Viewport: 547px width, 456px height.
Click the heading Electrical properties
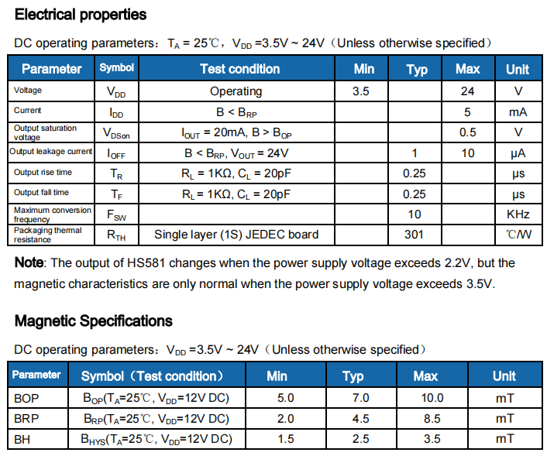click(81, 15)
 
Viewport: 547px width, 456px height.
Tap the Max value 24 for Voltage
click(467, 91)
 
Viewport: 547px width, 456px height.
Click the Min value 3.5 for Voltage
click(360, 91)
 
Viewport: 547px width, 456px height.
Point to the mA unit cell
click(518, 111)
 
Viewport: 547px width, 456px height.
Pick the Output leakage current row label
click(50, 152)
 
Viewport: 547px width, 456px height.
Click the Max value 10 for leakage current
click(467, 153)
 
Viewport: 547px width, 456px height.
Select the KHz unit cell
click(518, 214)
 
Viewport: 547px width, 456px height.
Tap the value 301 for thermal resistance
click(415, 234)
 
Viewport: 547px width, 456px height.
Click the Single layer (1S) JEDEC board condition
click(236, 234)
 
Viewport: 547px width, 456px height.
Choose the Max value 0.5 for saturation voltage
click(467, 132)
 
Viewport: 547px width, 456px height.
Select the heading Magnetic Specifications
click(94, 321)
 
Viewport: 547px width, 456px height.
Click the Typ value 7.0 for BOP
click(353, 398)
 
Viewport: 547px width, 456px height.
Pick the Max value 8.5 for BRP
click(425, 419)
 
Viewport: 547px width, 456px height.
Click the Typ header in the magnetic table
click(353, 376)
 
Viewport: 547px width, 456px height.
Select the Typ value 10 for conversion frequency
click(415, 214)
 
